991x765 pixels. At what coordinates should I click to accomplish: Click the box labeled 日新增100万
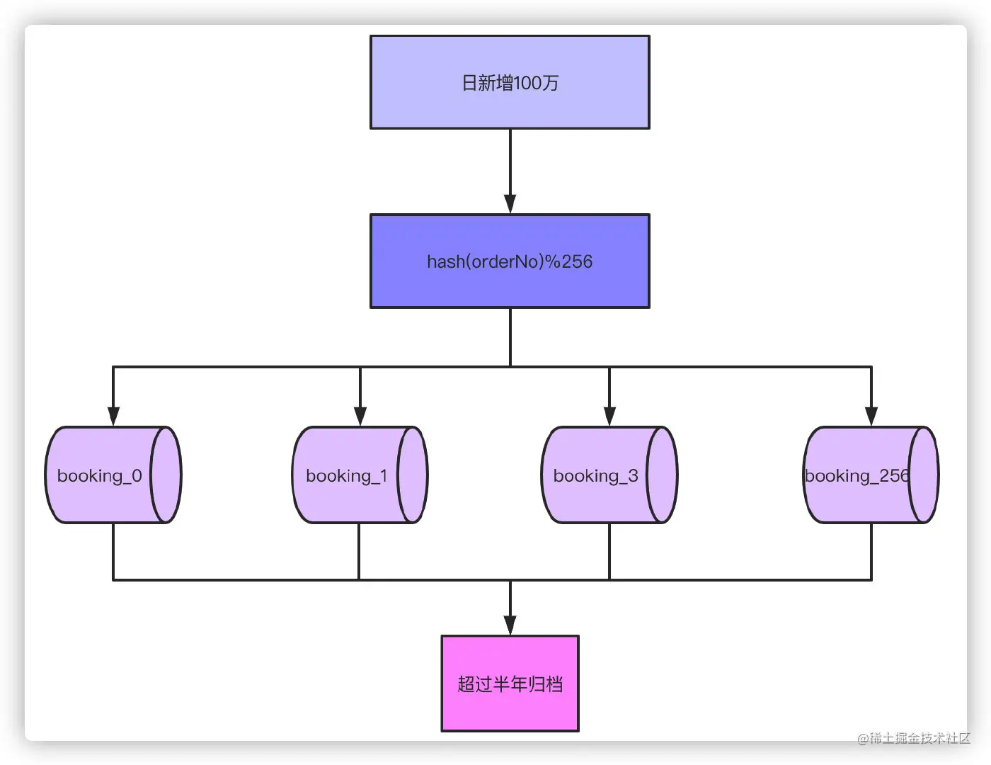click(510, 82)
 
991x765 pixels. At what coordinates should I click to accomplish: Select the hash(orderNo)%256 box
click(510, 261)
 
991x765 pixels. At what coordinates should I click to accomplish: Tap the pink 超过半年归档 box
click(510, 684)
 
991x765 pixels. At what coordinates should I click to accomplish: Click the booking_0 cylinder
click(113, 475)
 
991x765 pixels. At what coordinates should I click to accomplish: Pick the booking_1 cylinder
click(360, 475)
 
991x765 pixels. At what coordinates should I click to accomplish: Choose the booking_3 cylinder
click(609, 475)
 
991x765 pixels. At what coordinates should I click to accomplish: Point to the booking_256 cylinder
click(871, 475)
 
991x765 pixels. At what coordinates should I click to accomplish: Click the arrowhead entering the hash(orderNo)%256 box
click(510, 203)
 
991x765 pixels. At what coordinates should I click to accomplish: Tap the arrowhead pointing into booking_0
click(113, 416)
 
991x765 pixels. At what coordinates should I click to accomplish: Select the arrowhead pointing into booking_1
click(360, 416)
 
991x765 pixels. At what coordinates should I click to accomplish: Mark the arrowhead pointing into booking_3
click(609, 416)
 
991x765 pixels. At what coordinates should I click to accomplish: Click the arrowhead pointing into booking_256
click(871, 416)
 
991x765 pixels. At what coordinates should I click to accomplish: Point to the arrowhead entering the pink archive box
click(510, 625)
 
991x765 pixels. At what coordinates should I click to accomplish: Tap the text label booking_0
click(99, 476)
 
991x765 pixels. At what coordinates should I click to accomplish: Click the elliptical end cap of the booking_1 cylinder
click(412, 475)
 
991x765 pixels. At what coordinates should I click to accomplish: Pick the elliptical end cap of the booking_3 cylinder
click(662, 475)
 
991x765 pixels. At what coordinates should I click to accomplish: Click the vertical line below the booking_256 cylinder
click(871, 552)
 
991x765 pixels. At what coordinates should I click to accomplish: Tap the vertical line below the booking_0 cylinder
click(113, 552)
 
